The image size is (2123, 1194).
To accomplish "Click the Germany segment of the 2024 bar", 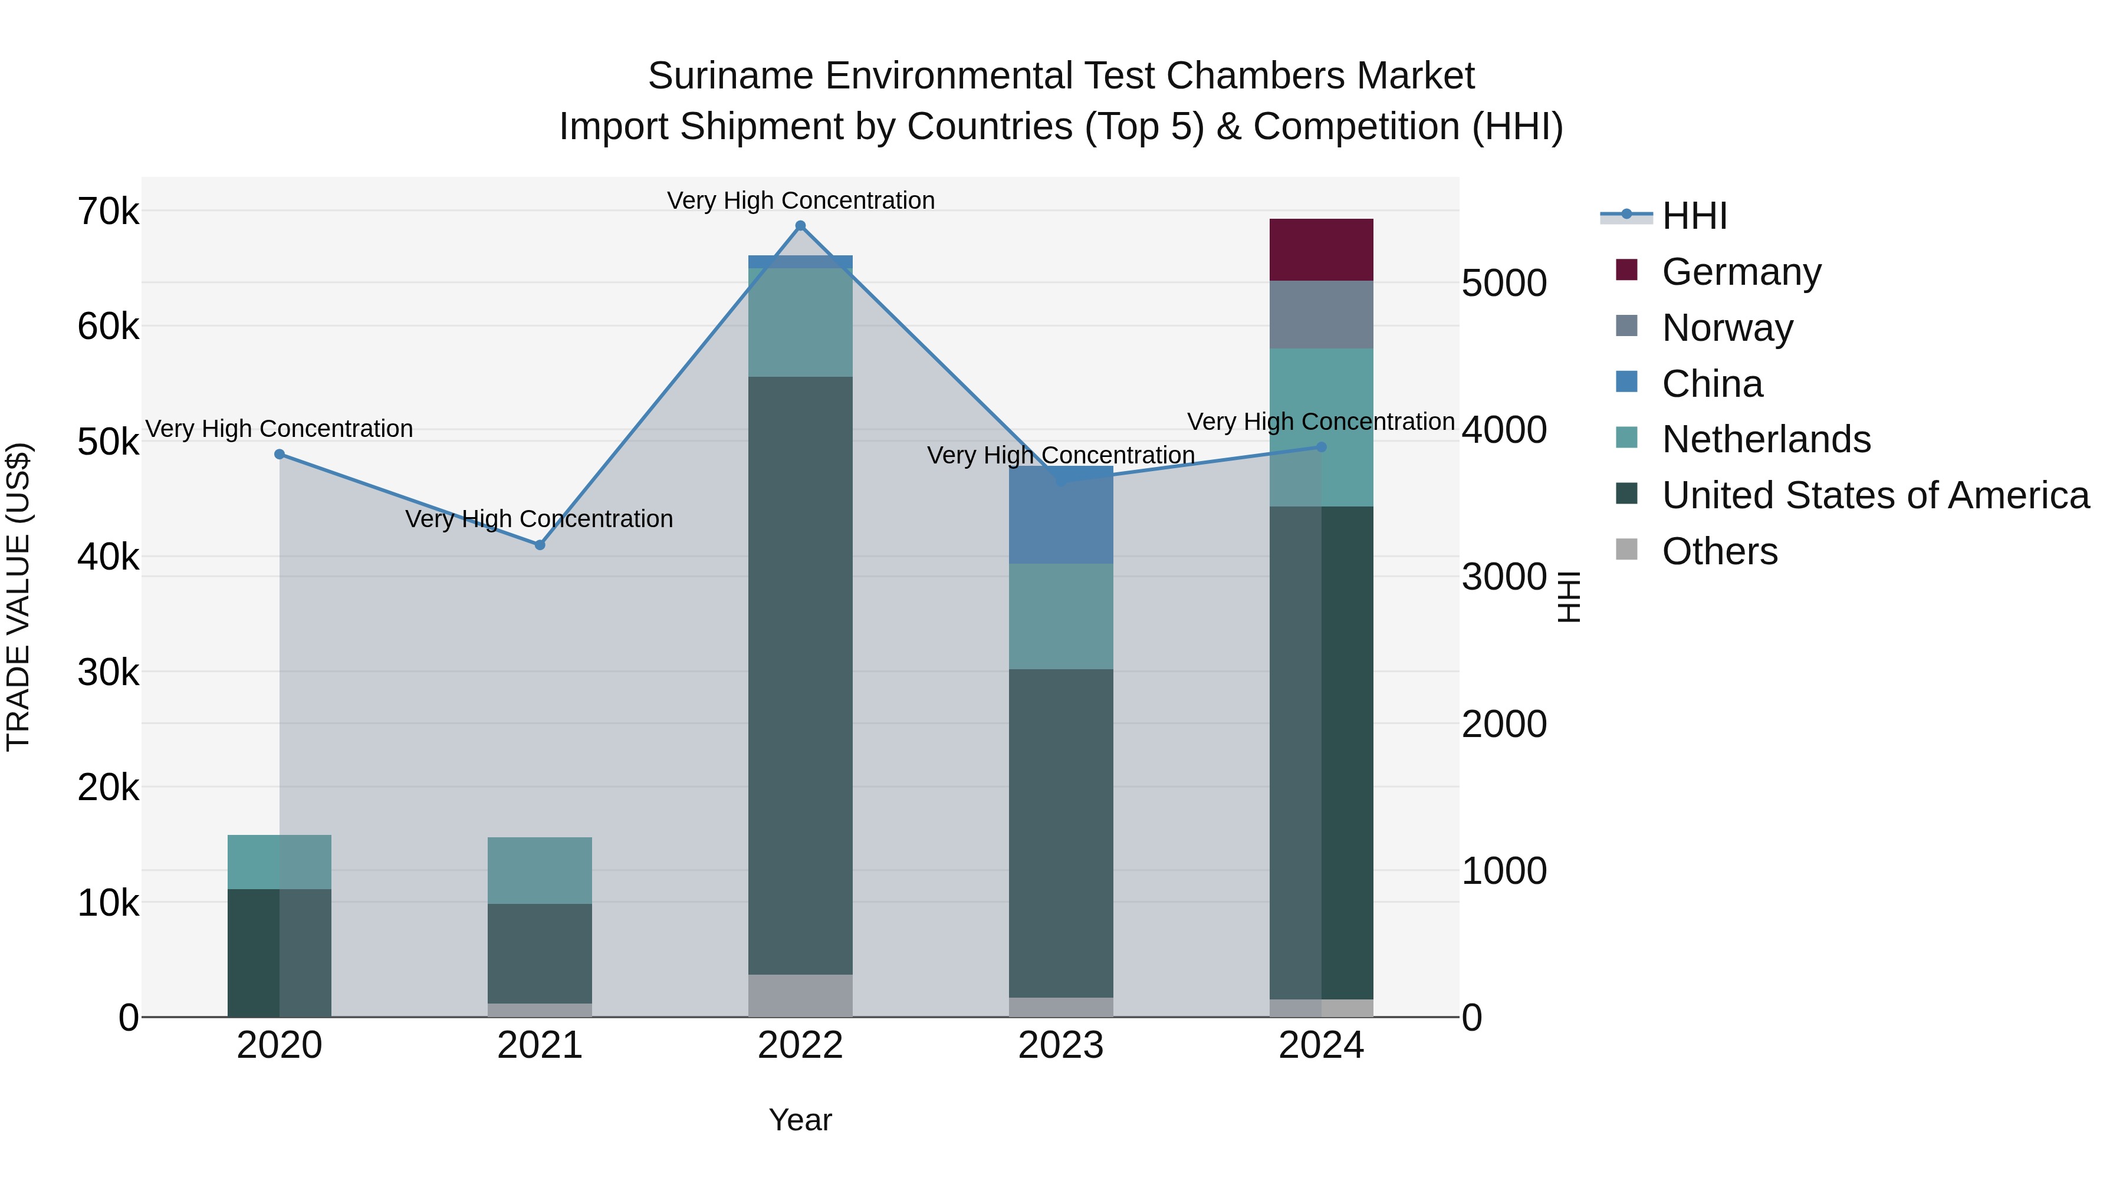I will pyautogui.click(x=1321, y=249).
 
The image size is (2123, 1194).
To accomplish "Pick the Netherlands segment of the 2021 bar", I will pyautogui.click(x=540, y=870).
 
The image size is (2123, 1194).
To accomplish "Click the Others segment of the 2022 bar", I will pyautogui.click(x=800, y=995).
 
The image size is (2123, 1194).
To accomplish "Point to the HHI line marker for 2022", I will pyautogui.click(x=800, y=226).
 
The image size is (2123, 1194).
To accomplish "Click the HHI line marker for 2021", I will pyautogui.click(x=540, y=545).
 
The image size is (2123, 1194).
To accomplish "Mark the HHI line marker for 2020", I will pyautogui.click(x=280, y=454).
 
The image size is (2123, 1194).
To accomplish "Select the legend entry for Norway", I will pyautogui.click(x=1727, y=328).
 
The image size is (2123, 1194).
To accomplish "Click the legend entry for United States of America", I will pyautogui.click(x=1875, y=495).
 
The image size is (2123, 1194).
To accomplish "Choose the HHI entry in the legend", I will pyautogui.click(x=1694, y=216).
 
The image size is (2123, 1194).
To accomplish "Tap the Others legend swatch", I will pyautogui.click(x=1627, y=550).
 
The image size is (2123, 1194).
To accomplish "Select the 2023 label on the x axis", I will pyautogui.click(x=1061, y=1045).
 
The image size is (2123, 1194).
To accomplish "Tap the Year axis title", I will pyautogui.click(x=800, y=1120).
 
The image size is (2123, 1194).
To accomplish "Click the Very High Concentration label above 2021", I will pyautogui.click(x=539, y=519).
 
